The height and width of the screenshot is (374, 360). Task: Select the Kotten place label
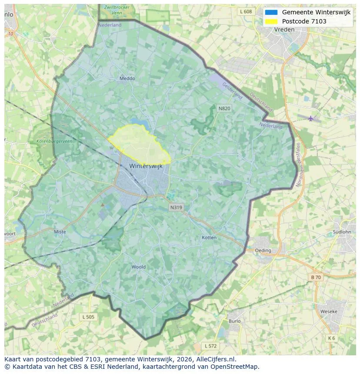[209, 238]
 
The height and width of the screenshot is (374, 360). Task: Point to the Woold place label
[139, 267]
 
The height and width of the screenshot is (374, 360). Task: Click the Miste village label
[60, 232]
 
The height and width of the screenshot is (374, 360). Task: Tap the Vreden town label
[284, 30]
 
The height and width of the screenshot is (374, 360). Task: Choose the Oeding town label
[263, 251]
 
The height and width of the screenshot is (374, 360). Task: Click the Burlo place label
[234, 321]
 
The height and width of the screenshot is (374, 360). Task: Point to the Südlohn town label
[341, 232]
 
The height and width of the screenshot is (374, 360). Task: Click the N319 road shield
[176, 208]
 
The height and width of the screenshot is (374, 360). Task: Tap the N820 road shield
[224, 108]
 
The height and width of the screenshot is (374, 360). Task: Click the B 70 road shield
[316, 277]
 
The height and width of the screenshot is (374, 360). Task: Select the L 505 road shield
[88, 317]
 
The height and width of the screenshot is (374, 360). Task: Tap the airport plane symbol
[310, 119]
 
